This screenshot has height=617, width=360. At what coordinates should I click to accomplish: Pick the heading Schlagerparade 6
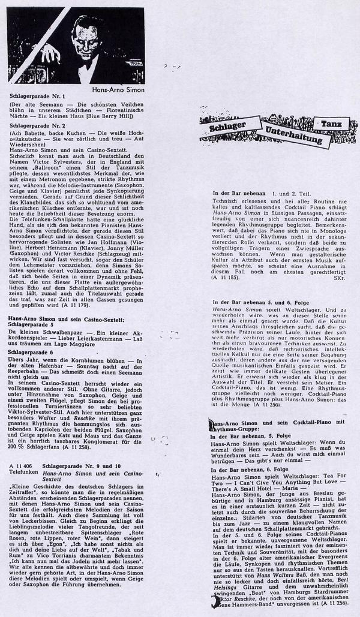(34, 353)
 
